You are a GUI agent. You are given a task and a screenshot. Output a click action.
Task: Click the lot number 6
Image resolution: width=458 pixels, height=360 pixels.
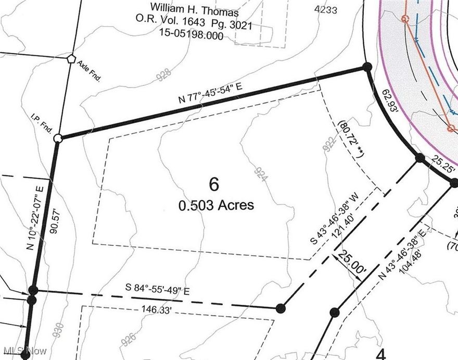point(214,184)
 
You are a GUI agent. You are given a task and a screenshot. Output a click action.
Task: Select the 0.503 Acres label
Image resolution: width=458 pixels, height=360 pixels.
point(216,205)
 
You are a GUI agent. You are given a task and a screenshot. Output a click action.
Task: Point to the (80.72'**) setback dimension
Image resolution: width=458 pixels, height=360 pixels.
point(351,138)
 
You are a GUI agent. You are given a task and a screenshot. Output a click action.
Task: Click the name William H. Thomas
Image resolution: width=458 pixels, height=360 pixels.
point(194,9)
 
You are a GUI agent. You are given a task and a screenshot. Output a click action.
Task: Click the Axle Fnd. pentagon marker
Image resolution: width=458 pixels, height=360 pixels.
point(71,58)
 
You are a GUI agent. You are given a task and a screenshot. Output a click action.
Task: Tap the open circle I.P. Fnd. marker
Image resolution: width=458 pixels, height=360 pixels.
point(58,138)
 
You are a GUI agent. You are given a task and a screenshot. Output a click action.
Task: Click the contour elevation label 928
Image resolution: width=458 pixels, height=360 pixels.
point(163,76)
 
